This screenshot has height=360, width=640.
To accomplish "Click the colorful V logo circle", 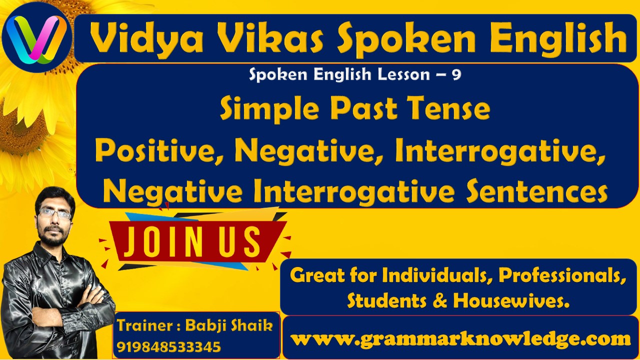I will tap(36, 37).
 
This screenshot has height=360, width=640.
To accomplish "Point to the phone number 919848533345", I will tap(169, 346).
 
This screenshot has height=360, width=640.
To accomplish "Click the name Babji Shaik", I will tap(229, 325).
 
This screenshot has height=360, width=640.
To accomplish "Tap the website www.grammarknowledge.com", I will tap(460, 339).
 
